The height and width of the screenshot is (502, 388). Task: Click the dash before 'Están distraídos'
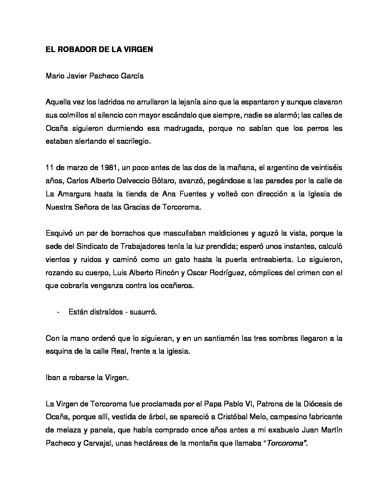point(58,312)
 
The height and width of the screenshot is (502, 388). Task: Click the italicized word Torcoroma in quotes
point(285,443)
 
